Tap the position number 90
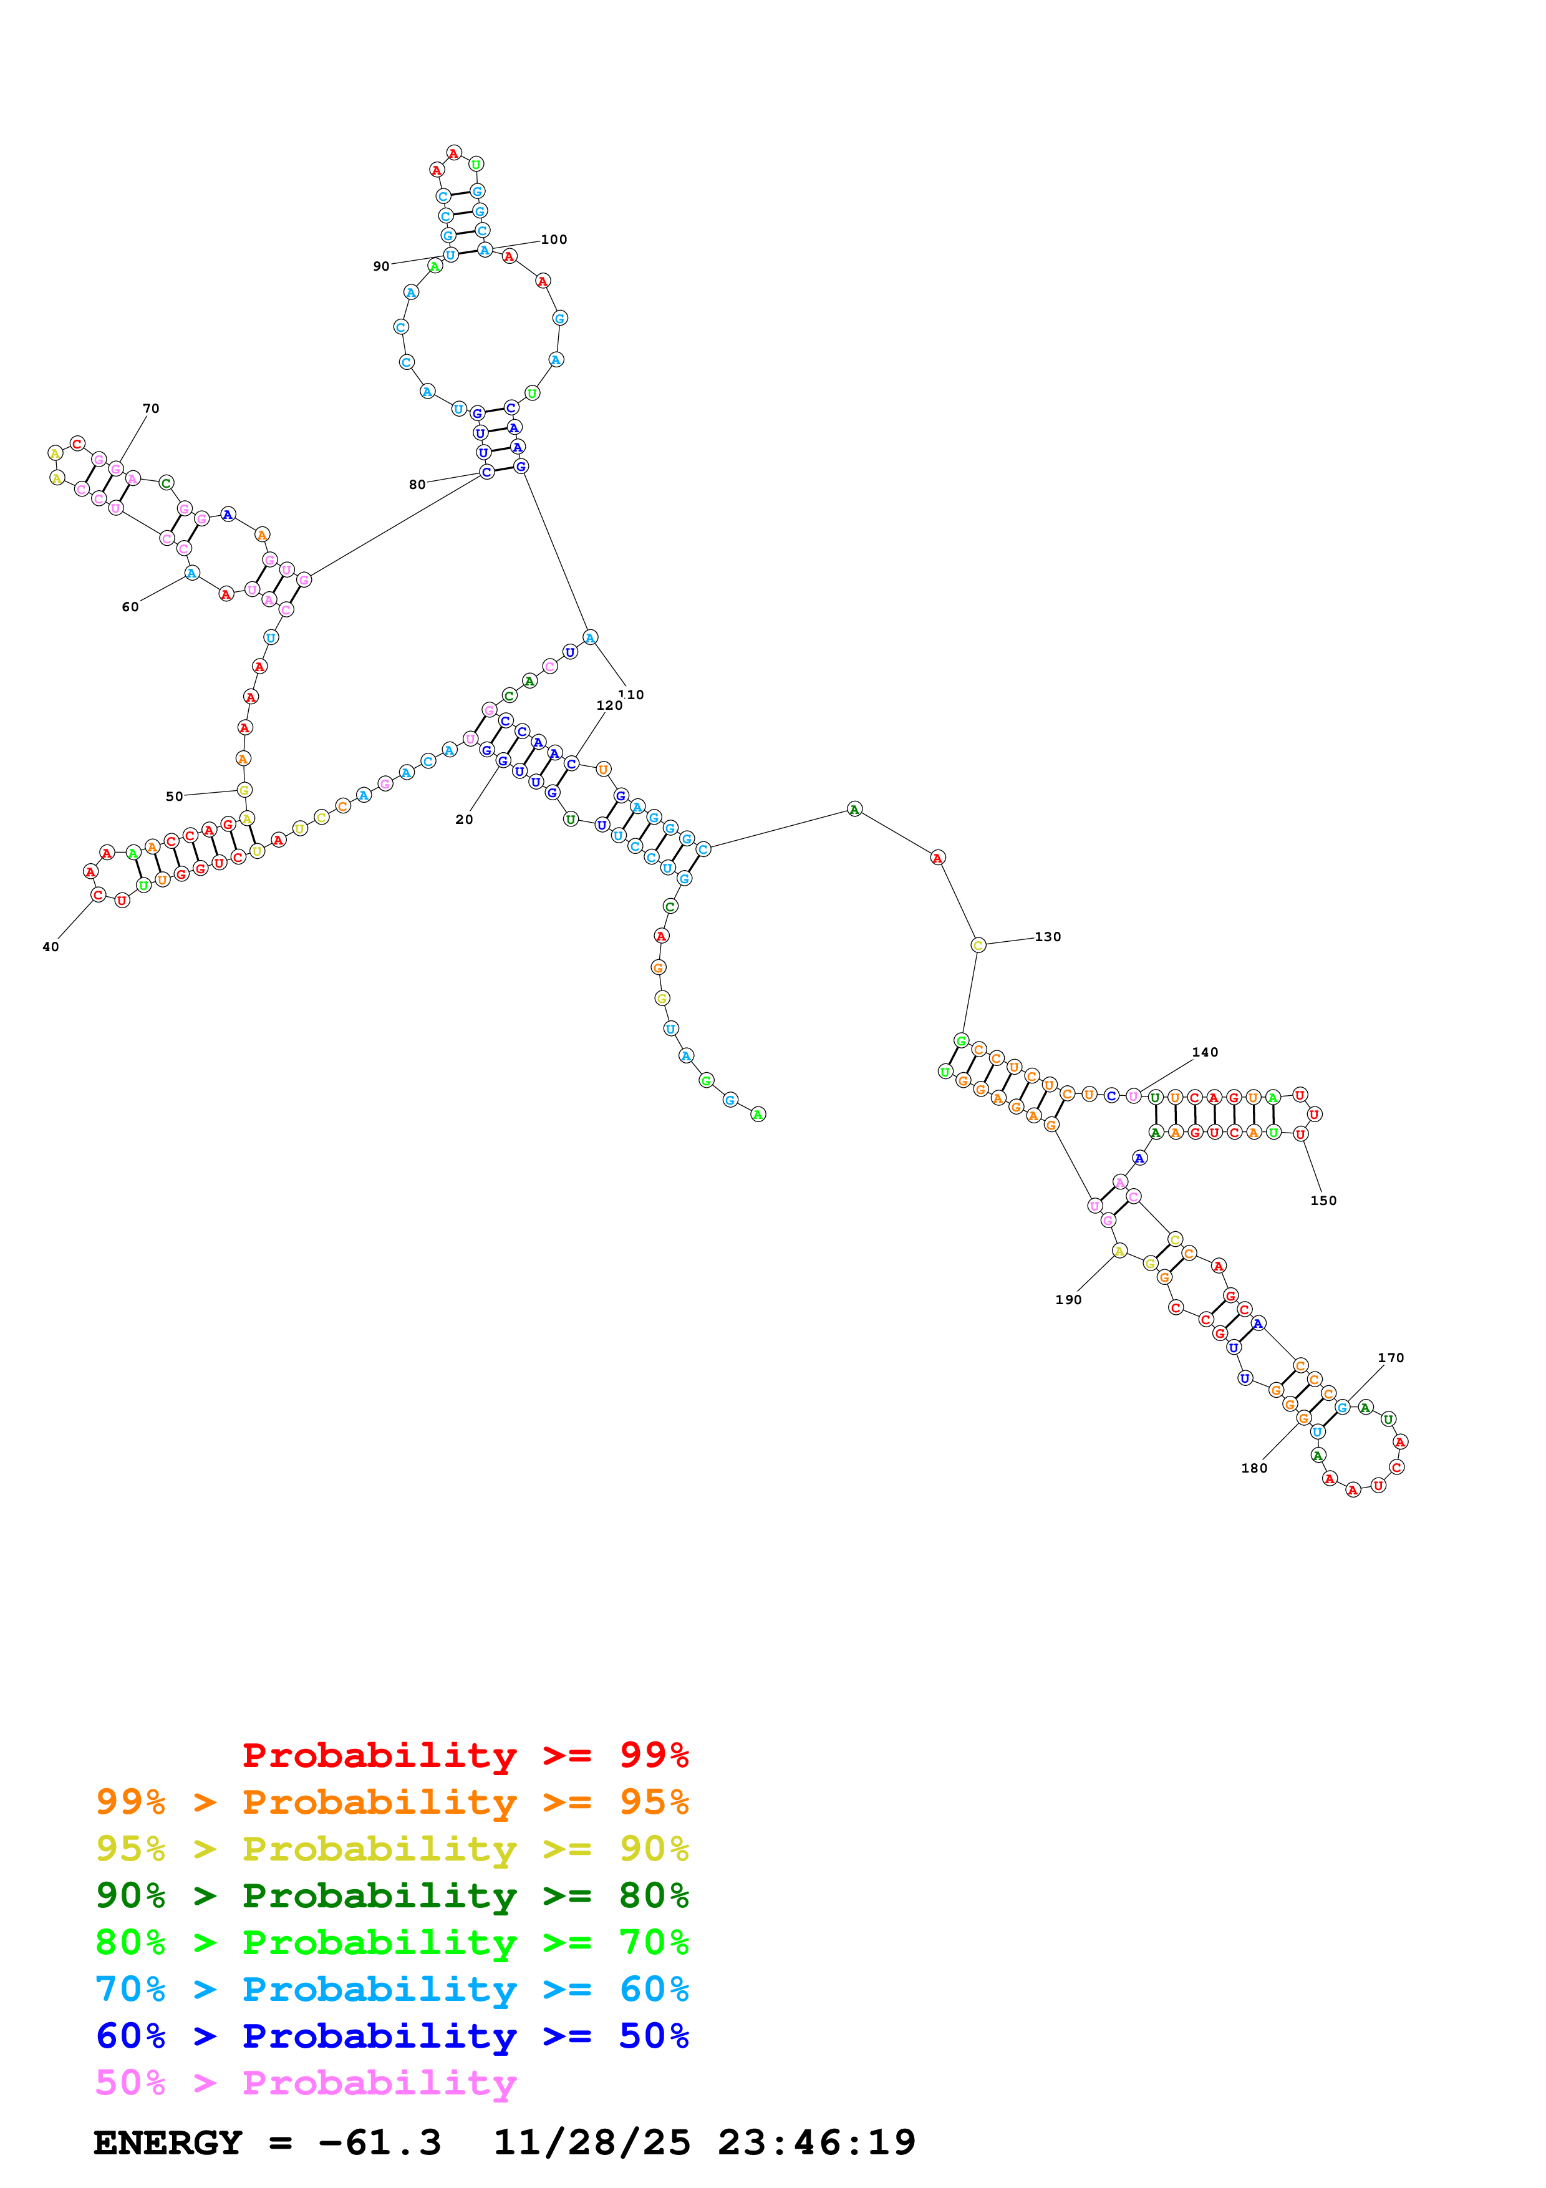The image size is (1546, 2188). click(381, 267)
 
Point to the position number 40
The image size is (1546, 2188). click(51, 947)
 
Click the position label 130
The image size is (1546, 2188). click(1048, 937)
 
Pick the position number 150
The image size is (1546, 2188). click(1323, 1201)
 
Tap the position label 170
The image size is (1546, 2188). click(1391, 1358)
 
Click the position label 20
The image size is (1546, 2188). click(464, 820)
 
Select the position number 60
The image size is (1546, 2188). click(130, 607)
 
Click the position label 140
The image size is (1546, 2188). click(1205, 1053)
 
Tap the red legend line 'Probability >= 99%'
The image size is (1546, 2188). click(465, 1755)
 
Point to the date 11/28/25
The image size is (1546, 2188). click(592, 2142)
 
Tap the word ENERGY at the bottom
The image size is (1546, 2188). click(168, 2142)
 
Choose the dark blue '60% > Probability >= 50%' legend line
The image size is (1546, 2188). click(392, 2036)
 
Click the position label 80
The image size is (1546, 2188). click(417, 485)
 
